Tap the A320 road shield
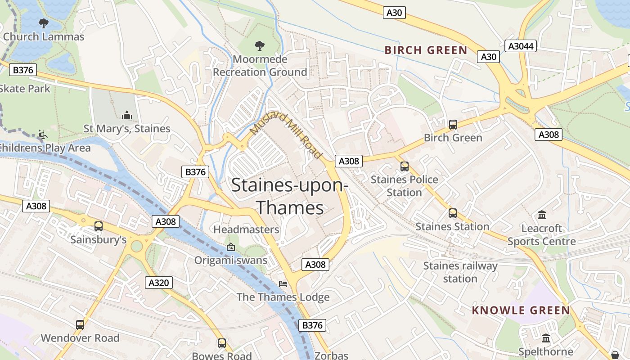click(158, 283)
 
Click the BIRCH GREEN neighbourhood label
click(426, 50)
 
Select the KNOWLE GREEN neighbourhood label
click(521, 310)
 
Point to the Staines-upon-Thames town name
click(289, 197)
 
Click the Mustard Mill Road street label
click(286, 135)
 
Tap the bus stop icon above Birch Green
click(453, 125)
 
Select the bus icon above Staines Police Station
click(404, 166)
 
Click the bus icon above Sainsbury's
click(98, 226)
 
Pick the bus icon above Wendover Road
click(80, 324)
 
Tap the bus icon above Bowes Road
click(221, 343)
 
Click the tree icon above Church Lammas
click(43, 23)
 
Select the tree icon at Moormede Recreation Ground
click(259, 45)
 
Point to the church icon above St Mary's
click(127, 116)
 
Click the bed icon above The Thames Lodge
click(283, 284)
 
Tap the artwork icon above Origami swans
click(230, 247)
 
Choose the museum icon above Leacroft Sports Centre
click(541, 215)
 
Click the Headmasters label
click(246, 229)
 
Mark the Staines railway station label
click(460, 272)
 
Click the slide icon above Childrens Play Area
click(42, 135)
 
